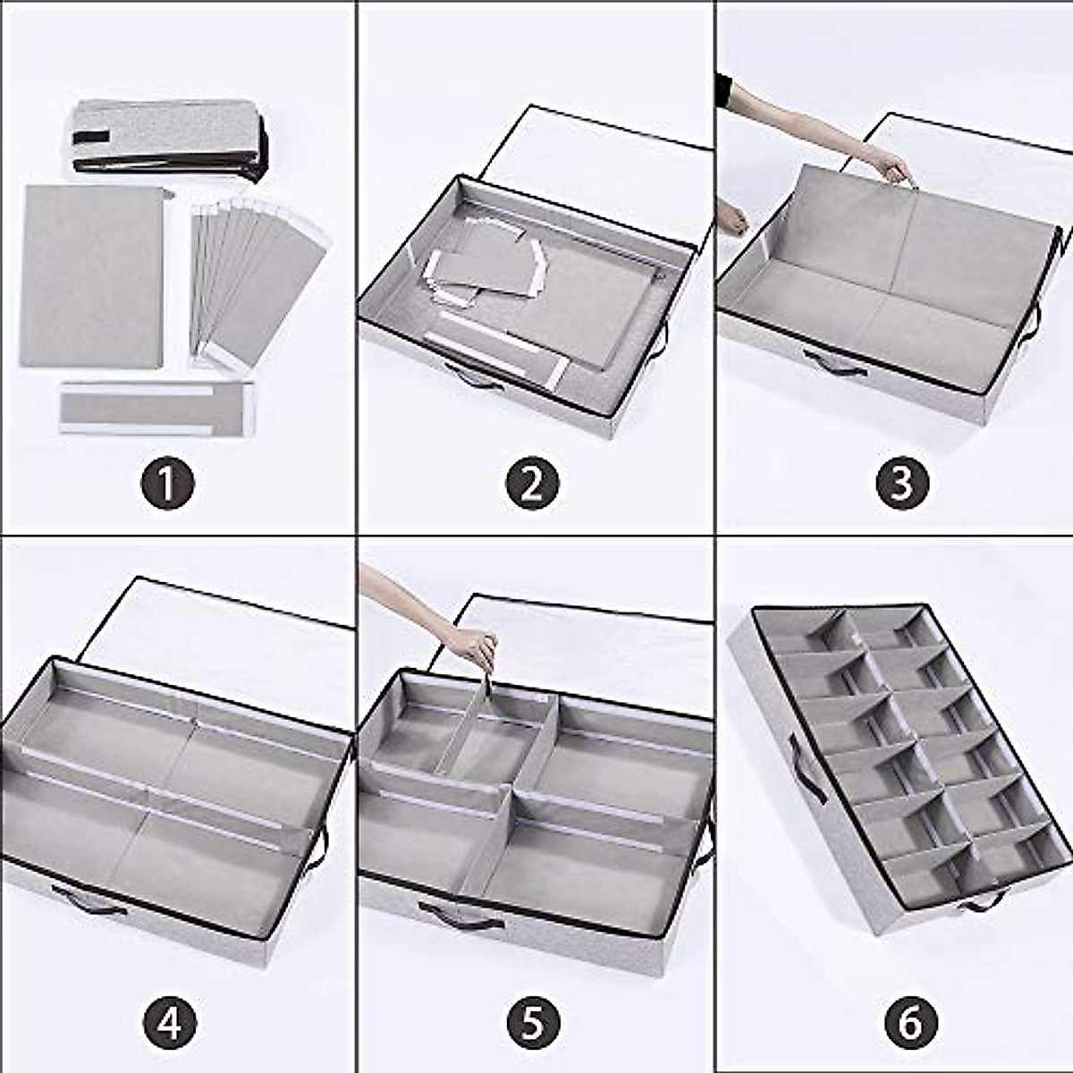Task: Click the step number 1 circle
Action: (166, 481)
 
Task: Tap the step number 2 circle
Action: (533, 481)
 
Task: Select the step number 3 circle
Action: (902, 481)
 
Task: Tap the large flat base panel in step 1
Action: (94, 275)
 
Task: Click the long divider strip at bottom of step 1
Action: (157, 407)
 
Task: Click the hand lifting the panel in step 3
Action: (893, 166)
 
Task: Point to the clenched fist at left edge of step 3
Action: (734, 219)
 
